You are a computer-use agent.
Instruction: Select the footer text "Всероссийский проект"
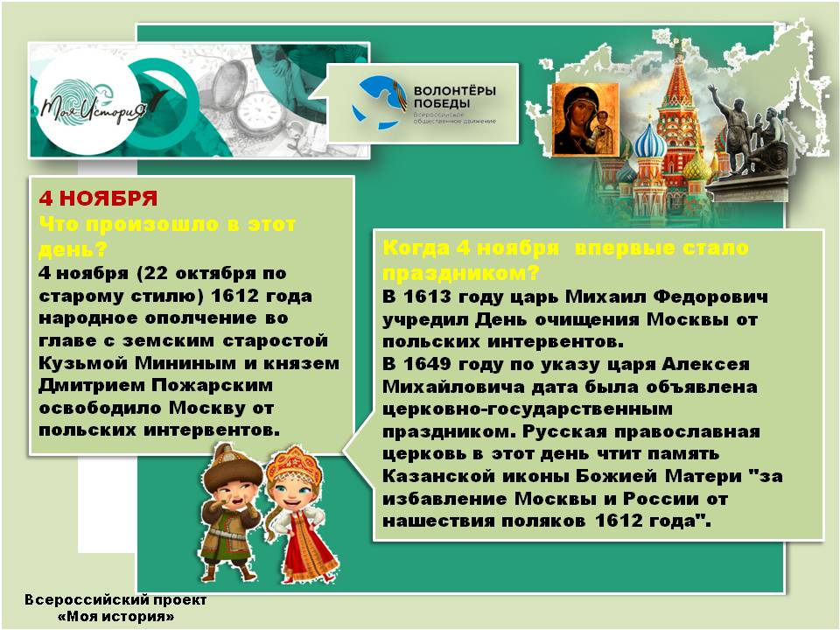(x=115, y=601)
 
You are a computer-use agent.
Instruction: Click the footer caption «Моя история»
(x=115, y=617)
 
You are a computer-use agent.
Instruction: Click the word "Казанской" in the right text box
(x=431, y=477)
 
